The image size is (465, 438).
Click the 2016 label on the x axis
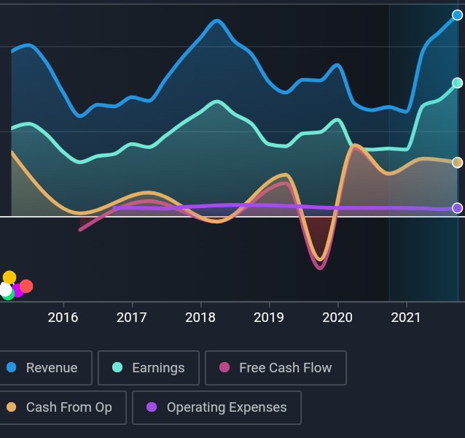pos(63,318)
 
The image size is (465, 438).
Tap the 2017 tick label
pos(131,318)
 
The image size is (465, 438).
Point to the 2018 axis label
pos(200,318)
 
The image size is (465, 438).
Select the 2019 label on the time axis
pos(268,318)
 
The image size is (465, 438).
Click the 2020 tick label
pos(337,318)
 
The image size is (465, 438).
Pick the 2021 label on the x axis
pos(406,318)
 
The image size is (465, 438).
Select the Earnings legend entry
pos(149,368)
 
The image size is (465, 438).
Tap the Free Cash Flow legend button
pos(276,368)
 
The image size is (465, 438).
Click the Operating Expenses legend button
pos(216,407)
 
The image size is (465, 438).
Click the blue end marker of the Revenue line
pos(457,15)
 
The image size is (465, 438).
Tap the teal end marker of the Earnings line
pos(457,83)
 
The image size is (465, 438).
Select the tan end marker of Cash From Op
pos(457,163)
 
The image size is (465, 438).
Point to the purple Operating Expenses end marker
pos(457,208)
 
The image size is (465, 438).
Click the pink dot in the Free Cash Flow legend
pos(224,368)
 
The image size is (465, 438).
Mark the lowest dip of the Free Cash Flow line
pos(319,268)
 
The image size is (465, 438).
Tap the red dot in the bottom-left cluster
pos(26,286)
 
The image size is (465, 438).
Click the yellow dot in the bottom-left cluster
pos(9,277)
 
